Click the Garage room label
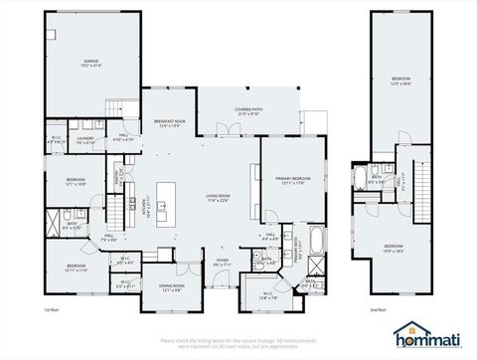[96, 64]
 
